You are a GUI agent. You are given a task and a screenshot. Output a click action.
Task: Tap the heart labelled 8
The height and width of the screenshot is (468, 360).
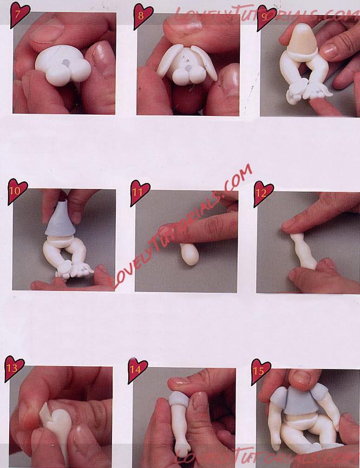[143, 16]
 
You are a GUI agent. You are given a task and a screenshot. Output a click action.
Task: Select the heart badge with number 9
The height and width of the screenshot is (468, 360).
[266, 17]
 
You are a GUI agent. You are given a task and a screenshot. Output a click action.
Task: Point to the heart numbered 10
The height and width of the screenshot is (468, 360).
[17, 191]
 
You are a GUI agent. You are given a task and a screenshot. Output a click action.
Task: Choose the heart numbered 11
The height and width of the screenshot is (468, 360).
[140, 193]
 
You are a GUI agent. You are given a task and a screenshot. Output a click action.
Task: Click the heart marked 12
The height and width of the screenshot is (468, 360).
[263, 194]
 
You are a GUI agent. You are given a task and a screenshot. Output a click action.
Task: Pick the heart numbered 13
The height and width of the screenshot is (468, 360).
[14, 368]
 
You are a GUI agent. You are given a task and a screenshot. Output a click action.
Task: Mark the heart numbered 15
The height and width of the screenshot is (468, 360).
[261, 371]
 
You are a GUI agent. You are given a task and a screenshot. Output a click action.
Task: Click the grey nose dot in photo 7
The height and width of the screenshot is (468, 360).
[66, 63]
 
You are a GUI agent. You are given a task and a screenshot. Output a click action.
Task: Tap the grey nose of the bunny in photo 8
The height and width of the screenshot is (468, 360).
[188, 68]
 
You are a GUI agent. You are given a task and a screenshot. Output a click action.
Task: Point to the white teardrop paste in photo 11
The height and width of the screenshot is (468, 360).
[189, 254]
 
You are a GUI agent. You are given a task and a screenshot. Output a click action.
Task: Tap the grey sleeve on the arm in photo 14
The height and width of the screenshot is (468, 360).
[179, 399]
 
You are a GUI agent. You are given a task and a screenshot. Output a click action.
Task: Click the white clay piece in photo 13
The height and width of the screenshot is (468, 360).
[56, 424]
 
